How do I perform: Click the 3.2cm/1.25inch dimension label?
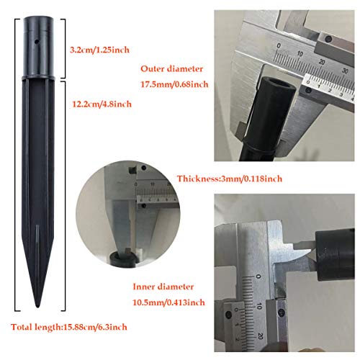99,50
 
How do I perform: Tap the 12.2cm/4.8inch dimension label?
102,104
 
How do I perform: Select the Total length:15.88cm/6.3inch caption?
69,327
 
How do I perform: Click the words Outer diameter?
172,69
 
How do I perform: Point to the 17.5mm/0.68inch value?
174,84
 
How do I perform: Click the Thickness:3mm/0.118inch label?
230,179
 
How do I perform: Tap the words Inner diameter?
163,287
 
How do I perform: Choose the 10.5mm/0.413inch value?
168,302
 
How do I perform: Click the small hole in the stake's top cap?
37,42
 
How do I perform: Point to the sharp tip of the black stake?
37,306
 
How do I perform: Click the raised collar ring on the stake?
38,78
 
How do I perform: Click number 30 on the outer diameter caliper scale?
345,71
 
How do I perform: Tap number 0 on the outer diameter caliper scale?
279,45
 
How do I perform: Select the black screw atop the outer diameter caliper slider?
328,39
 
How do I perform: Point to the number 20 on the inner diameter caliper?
261,336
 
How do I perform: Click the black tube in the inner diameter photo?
335,254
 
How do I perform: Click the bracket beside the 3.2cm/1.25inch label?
63,48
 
